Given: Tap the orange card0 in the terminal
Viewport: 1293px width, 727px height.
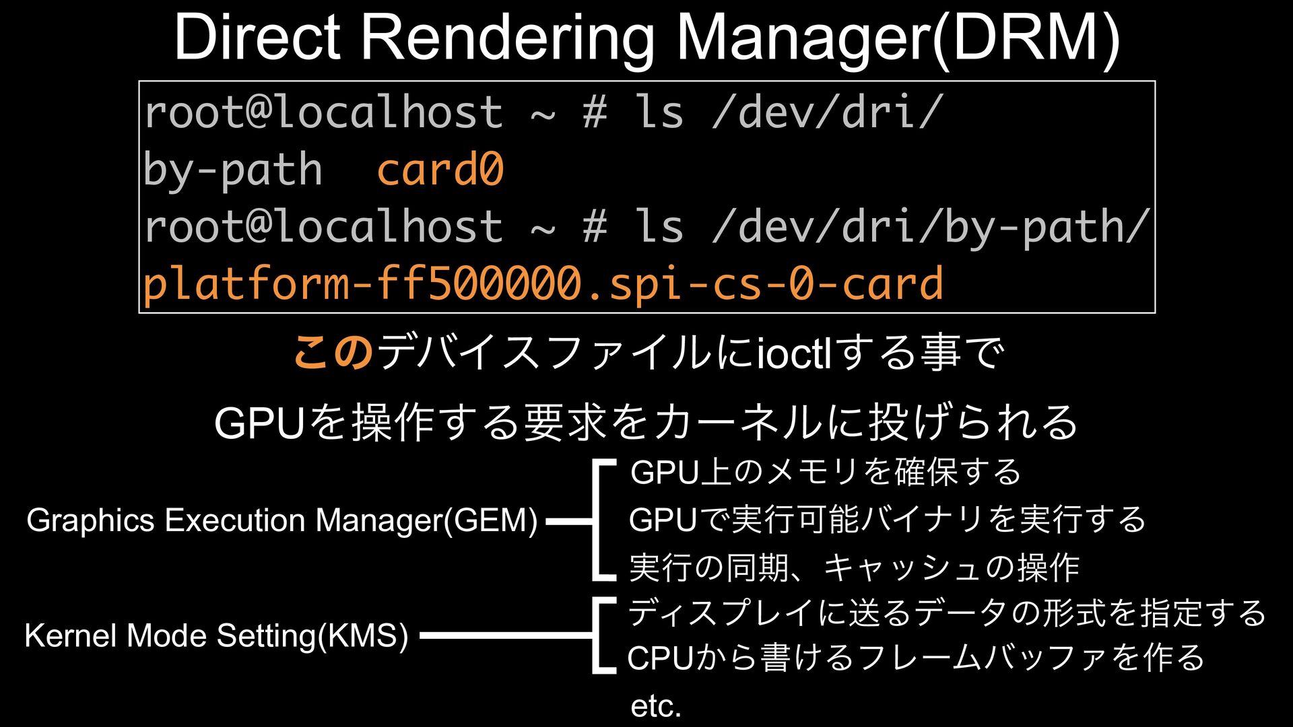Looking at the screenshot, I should (x=440, y=169).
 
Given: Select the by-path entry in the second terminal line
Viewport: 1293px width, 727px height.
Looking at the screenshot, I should (x=233, y=169).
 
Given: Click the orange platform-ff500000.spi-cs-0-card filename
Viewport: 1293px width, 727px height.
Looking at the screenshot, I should (x=543, y=283).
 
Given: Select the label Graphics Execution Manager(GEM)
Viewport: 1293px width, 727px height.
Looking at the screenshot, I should (x=282, y=520).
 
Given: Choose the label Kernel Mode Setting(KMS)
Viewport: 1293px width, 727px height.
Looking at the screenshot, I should (x=216, y=635).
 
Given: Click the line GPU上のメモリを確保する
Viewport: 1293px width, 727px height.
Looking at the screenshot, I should (x=826, y=472).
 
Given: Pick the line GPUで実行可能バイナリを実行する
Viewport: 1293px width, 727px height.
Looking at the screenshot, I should (x=887, y=520).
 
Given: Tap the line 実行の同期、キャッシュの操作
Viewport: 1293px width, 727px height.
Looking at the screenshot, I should (x=854, y=567).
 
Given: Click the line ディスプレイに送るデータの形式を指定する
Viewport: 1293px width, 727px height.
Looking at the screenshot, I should (x=946, y=613).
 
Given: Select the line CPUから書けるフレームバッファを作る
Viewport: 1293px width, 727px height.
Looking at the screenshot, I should (x=915, y=658).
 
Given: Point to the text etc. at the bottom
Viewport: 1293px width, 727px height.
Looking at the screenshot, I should (x=656, y=706).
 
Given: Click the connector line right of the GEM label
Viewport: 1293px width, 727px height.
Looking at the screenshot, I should (x=569, y=521).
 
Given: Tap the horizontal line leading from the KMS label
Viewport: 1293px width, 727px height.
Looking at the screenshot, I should (x=505, y=635).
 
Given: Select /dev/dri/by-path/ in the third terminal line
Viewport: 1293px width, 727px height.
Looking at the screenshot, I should (x=929, y=226).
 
